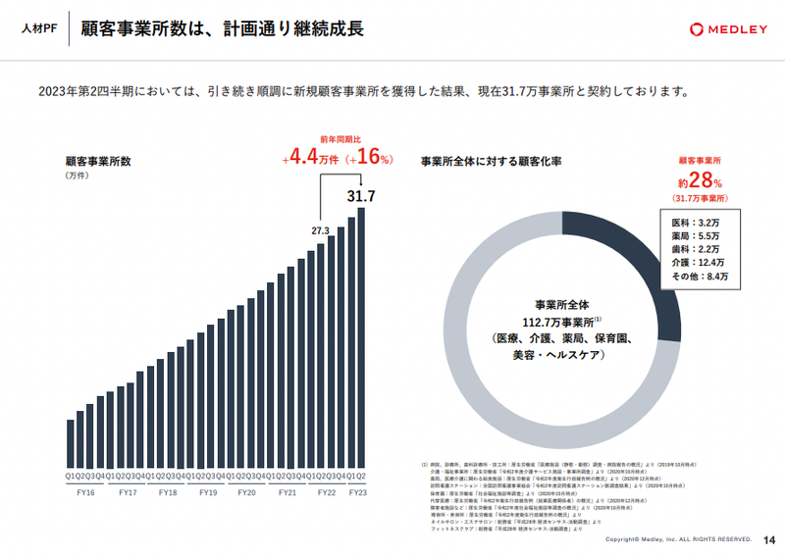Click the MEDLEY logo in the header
click(x=727, y=29)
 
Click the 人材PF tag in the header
click(x=38, y=29)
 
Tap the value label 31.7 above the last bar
click(x=361, y=196)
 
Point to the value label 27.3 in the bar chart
click(x=321, y=231)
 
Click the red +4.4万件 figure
click(x=310, y=158)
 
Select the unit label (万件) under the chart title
click(x=78, y=176)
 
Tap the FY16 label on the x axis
click(x=86, y=492)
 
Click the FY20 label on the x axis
click(x=246, y=492)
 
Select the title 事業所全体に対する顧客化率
click(x=491, y=160)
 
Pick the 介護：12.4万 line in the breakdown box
click(x=699, y=263)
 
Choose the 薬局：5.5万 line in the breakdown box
click(x=699, y=235)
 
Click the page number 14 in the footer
click(x=769, y=539)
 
